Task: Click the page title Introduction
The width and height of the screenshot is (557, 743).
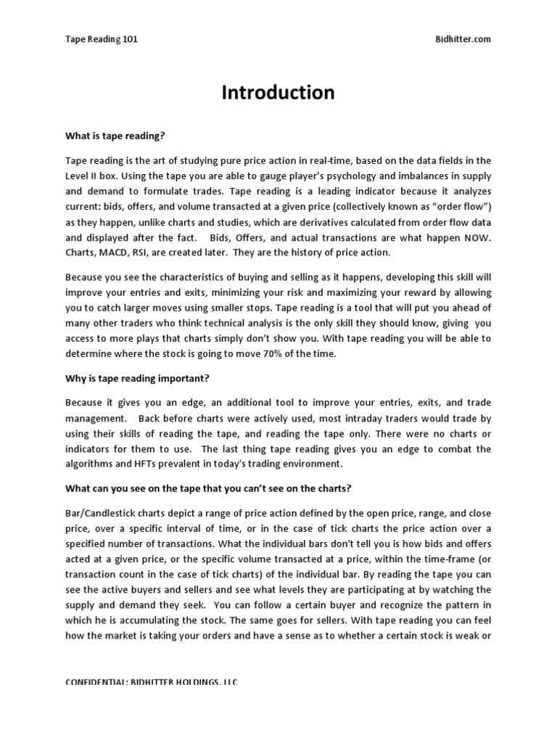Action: coord(278,93)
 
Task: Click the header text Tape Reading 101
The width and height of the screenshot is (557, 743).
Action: coord(102,39)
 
